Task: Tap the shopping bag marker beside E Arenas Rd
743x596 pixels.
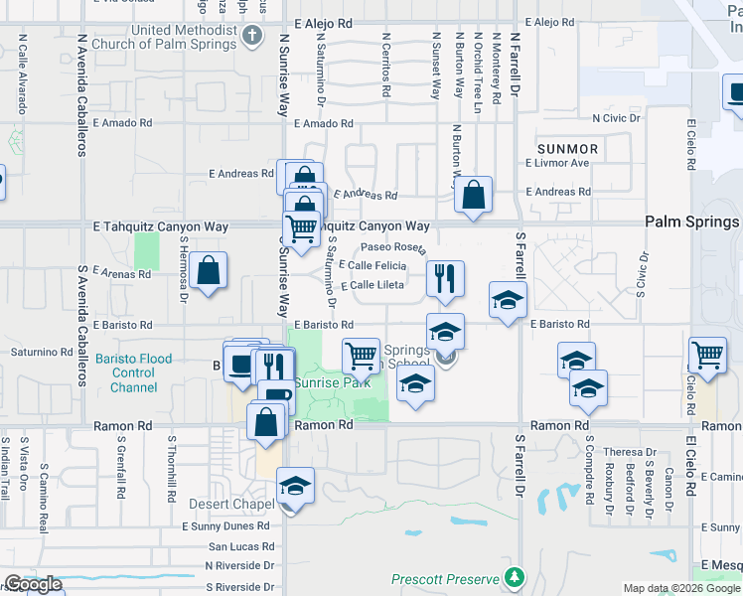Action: tap(209, 270)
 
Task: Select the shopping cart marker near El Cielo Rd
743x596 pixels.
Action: tap(707, 355)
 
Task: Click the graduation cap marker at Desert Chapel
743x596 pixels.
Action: tap(295, 486)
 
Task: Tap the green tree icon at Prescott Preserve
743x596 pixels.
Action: tap(514, 576)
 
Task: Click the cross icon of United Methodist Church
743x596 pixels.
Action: tap(252, 37)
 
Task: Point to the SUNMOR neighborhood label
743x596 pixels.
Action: tap(567, 149)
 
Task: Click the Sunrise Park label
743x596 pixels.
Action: tap(330, 383)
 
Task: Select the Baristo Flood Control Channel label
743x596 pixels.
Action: tap(134, 373)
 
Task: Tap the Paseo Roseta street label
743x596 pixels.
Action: tap(393, 247)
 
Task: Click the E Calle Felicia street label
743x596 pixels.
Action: tap(372, 265)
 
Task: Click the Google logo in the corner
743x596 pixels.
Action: tap(32, 584)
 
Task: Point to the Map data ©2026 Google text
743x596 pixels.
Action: tap(681, 588)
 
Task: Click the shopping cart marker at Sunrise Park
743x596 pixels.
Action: tap(361, 355)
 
